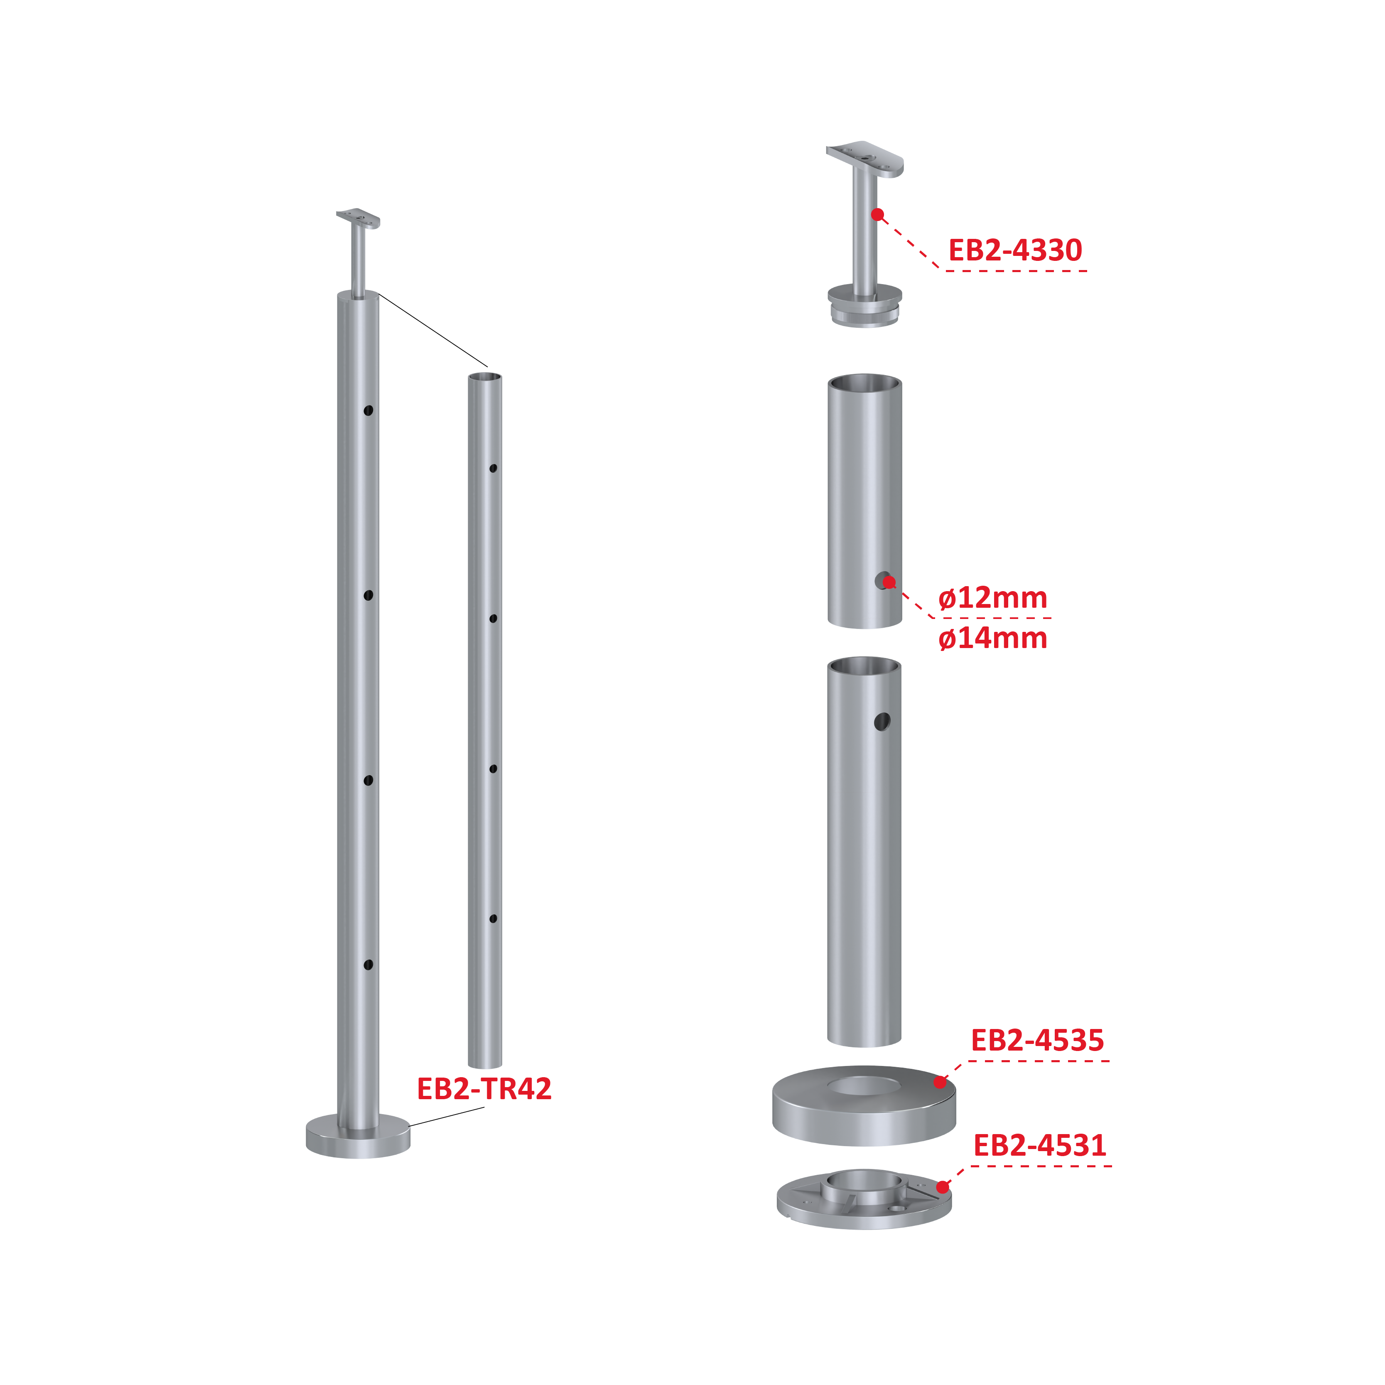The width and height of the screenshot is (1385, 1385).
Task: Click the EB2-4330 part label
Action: point(1015,250)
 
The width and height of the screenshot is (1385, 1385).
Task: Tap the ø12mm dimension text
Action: point(993,598)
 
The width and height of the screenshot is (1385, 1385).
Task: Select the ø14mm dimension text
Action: point(993,638)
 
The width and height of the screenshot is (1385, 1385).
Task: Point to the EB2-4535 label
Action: point(1037,1040)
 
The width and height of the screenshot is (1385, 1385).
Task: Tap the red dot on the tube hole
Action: point(889,582)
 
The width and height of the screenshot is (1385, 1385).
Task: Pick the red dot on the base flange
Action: point(943,1187)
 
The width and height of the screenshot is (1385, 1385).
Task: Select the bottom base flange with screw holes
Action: point(864,1200)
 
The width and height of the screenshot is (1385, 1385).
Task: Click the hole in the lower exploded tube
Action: point(882,721)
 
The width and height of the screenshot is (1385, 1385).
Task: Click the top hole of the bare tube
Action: point(493,468)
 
